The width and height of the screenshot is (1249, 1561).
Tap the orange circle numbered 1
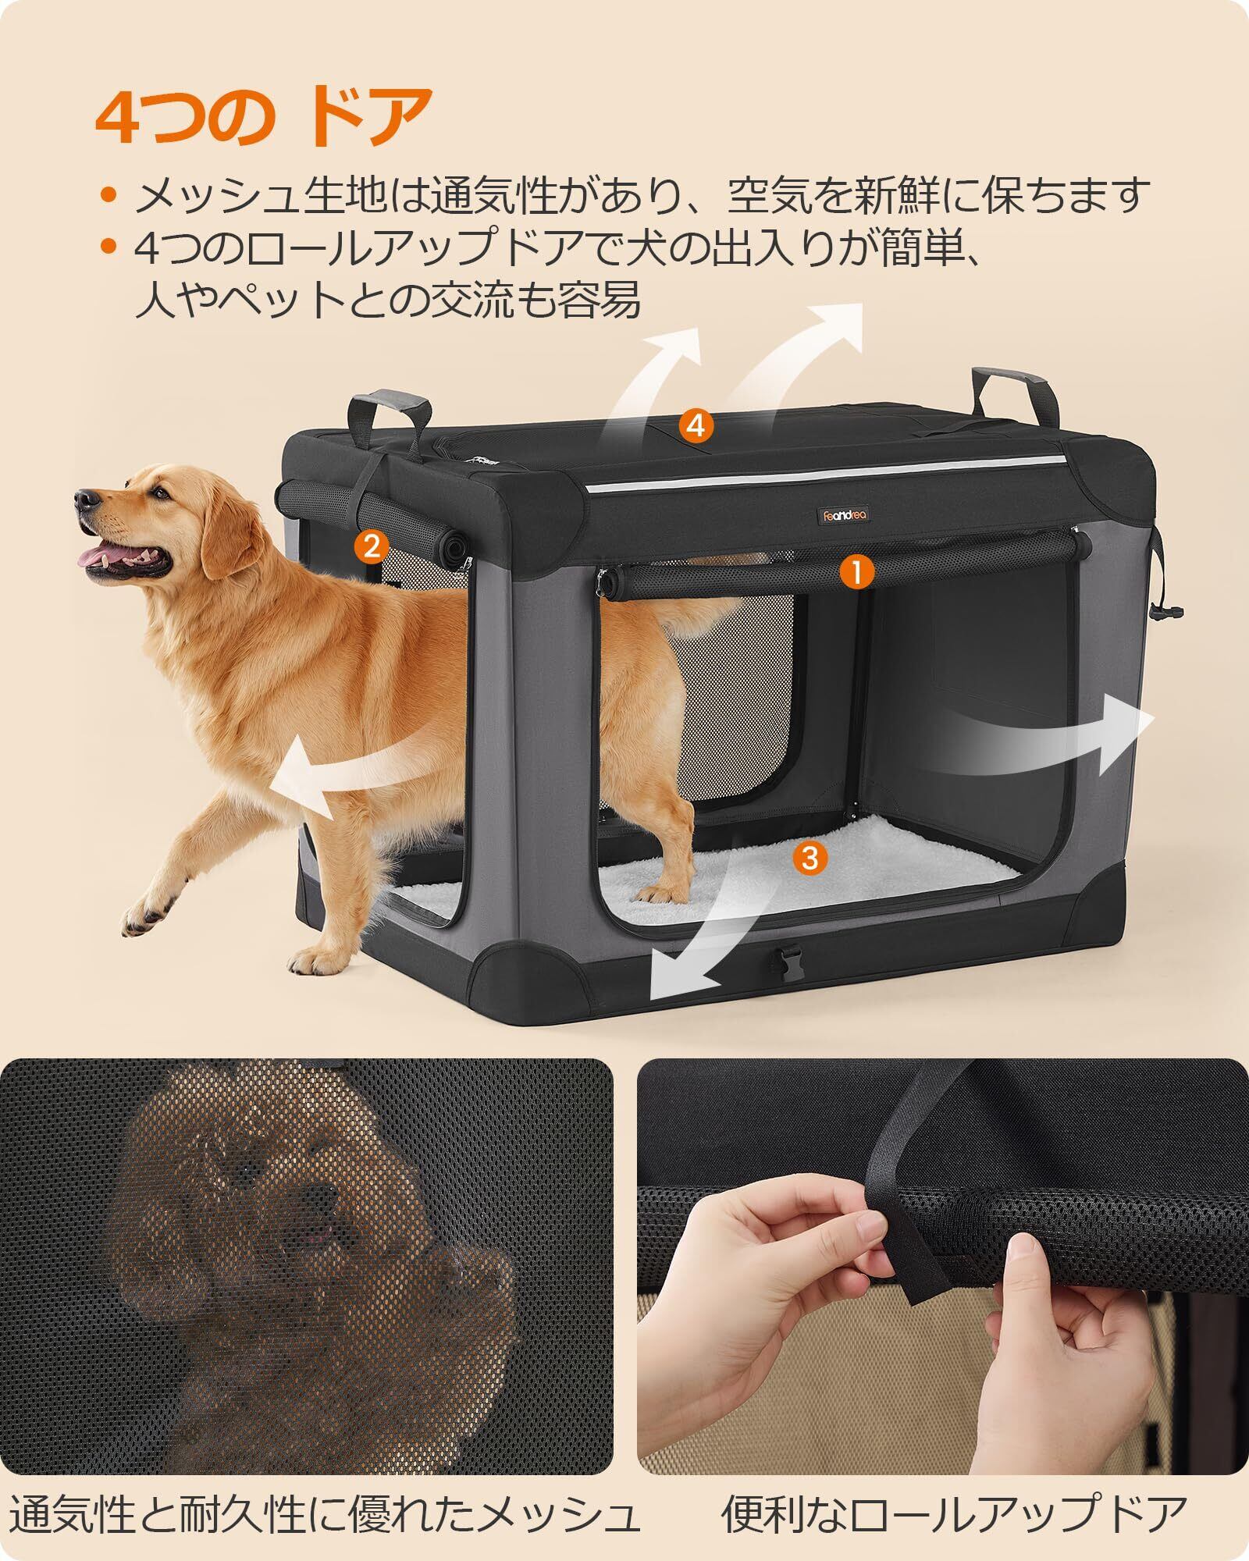click(856, 573)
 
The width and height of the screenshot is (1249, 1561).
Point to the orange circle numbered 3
click(810, 858)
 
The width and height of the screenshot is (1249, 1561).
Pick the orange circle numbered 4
click(696, 425)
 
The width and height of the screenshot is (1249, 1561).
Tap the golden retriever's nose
click(87, 498)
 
